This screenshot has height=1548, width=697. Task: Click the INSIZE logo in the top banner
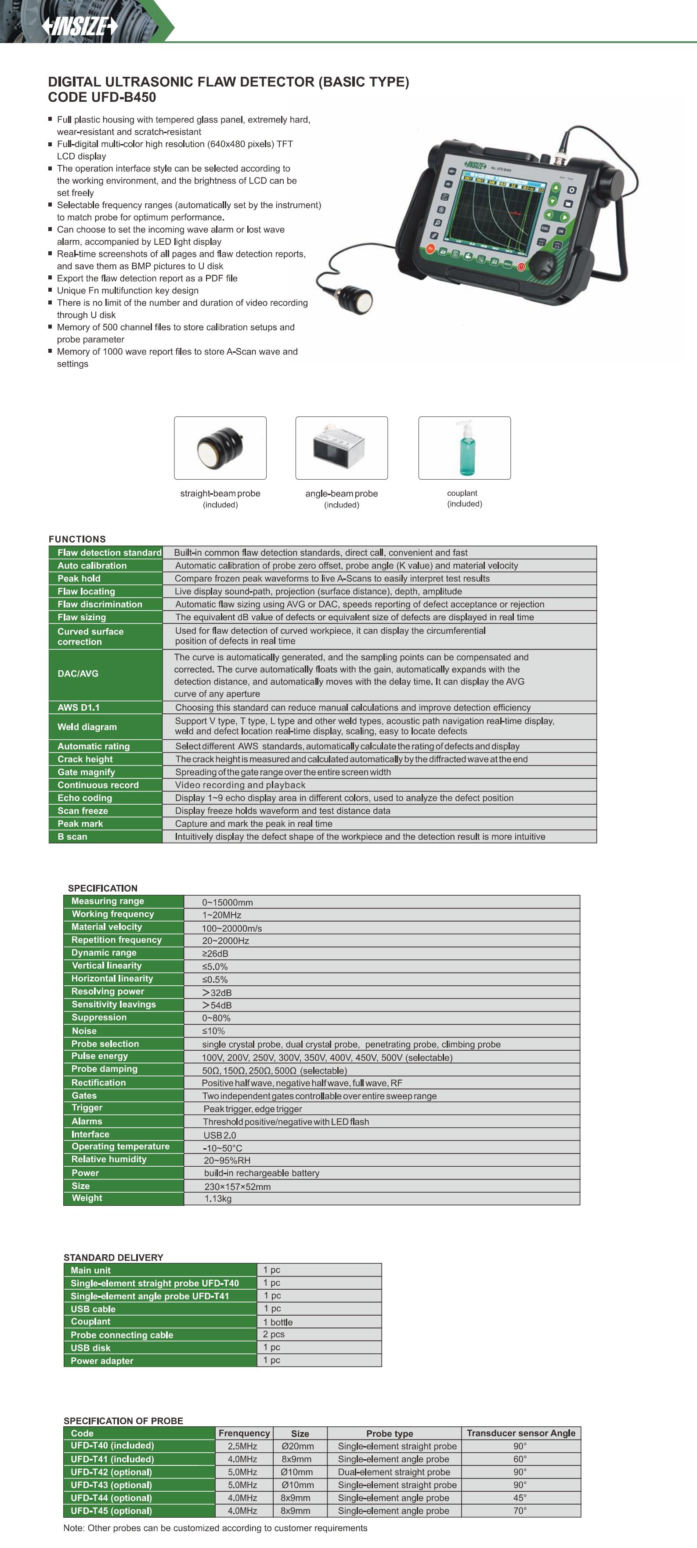[79, 26]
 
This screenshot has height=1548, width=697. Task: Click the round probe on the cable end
[356, 299]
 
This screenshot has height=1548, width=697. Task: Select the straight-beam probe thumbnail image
[220, 448]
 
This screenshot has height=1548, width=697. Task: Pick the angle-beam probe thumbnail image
[341, 448]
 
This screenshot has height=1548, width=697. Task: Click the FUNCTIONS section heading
[77, 539]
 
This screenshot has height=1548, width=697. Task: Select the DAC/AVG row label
[78, 674]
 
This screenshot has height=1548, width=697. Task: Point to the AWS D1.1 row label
[79, 707]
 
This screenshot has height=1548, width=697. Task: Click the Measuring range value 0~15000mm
[227, 902]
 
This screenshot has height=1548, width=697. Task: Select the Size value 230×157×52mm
[237, 1186]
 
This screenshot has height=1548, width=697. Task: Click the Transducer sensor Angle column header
[521, 1432]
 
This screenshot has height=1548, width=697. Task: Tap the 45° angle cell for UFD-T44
[520, 1497]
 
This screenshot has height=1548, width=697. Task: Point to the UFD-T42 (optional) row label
[111, 1472]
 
